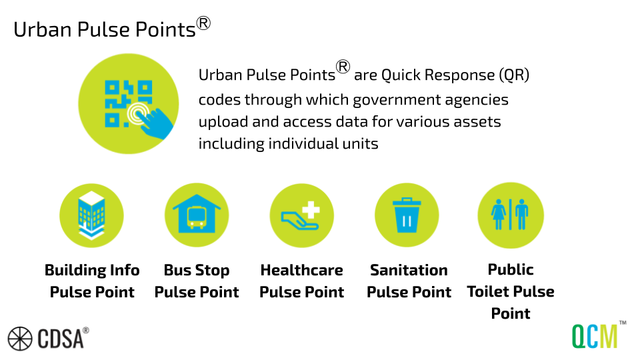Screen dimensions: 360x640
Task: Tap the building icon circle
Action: click(91, 215)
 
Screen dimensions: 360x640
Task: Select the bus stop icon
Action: click(197, 215)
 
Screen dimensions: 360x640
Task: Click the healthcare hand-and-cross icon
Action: click(301, 215)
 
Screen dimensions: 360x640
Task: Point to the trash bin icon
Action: click(407, 215)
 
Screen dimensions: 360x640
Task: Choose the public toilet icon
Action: click(511, 215)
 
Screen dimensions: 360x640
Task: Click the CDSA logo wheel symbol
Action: click(20, 338)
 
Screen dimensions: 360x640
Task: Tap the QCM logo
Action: click(595, 335)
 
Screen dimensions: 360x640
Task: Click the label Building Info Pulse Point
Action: click(92, 281)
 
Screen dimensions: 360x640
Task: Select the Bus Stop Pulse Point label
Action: click(197, 281)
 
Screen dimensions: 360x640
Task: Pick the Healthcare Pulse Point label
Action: click(301, 281)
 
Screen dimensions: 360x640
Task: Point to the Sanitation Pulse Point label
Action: click(409, 281)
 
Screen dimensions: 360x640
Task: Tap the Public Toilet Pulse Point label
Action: click(511, 291)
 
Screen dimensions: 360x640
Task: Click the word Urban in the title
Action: click(35, 30)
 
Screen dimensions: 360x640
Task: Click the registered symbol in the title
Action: click(203, 23)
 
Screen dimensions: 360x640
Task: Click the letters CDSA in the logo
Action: click(59, 339)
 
